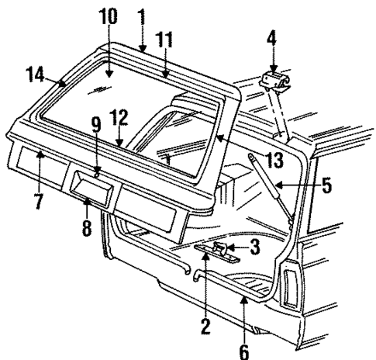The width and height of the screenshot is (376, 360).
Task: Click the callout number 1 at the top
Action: pos(141,15)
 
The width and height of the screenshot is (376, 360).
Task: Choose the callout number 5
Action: pos(327,186)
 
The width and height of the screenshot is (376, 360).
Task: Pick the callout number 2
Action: pos(205,327)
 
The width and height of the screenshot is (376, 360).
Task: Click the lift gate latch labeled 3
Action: pos(220,248)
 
